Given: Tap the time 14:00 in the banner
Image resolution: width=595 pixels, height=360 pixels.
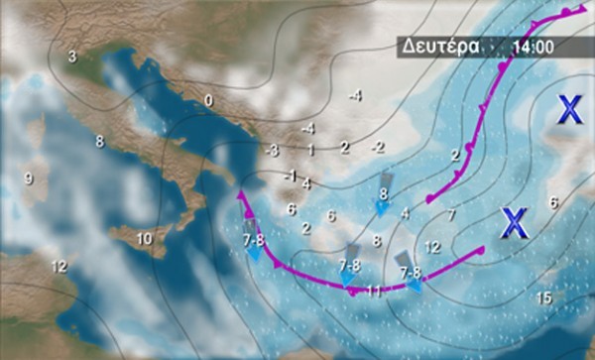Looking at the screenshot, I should pyautogui.click(x=533, y=47).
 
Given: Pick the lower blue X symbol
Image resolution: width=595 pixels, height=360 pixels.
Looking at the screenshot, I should pyautogui.click(x=512, y=223).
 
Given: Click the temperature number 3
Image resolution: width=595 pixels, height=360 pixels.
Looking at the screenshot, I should pyautogui.click(x=72, y=57).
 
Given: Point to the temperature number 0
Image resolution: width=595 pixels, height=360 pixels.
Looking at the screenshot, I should pyautogui.click(x=208, y=100).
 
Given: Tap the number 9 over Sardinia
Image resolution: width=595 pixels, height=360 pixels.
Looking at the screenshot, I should pyautogui.click(x=28, y=179).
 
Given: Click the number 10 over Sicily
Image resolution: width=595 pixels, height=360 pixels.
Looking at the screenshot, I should pyautogui.click(x=145, y=238).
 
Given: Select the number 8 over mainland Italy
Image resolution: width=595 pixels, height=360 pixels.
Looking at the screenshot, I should pyautogui.click(x=99, y=142).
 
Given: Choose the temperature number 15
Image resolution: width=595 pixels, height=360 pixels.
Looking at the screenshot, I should pyautogui.click(x=543, y=298).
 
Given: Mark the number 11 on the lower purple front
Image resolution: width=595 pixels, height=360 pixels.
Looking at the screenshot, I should pyautogui.click(x=374, y=291).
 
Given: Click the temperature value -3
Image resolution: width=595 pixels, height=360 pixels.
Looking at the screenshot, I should pyautogui.click(x=272, y=150).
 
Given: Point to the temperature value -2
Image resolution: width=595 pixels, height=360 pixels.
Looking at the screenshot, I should pyautogui.click(x=378, y=147).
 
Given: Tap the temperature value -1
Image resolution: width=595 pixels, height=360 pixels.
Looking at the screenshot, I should pyautogui.click(x=290, y=176).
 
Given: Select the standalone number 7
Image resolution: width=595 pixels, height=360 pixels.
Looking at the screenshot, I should pyautogui.click(x=451, y=214).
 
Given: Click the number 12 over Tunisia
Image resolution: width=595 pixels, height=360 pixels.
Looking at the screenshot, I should pyautogui.click(x=59, y=265).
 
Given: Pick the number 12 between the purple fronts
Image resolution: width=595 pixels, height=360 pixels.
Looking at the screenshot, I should pyautogui.click(x=431, y=246).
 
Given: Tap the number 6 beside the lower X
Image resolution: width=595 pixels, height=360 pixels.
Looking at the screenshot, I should pyautogui.click(x=553, y=202).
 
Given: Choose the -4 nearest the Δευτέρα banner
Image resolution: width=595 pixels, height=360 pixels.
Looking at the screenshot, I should pyautogui.click(x=355, y=95).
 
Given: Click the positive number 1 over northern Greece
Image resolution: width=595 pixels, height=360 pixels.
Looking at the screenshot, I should pyautogui.click(x=310, y=150).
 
